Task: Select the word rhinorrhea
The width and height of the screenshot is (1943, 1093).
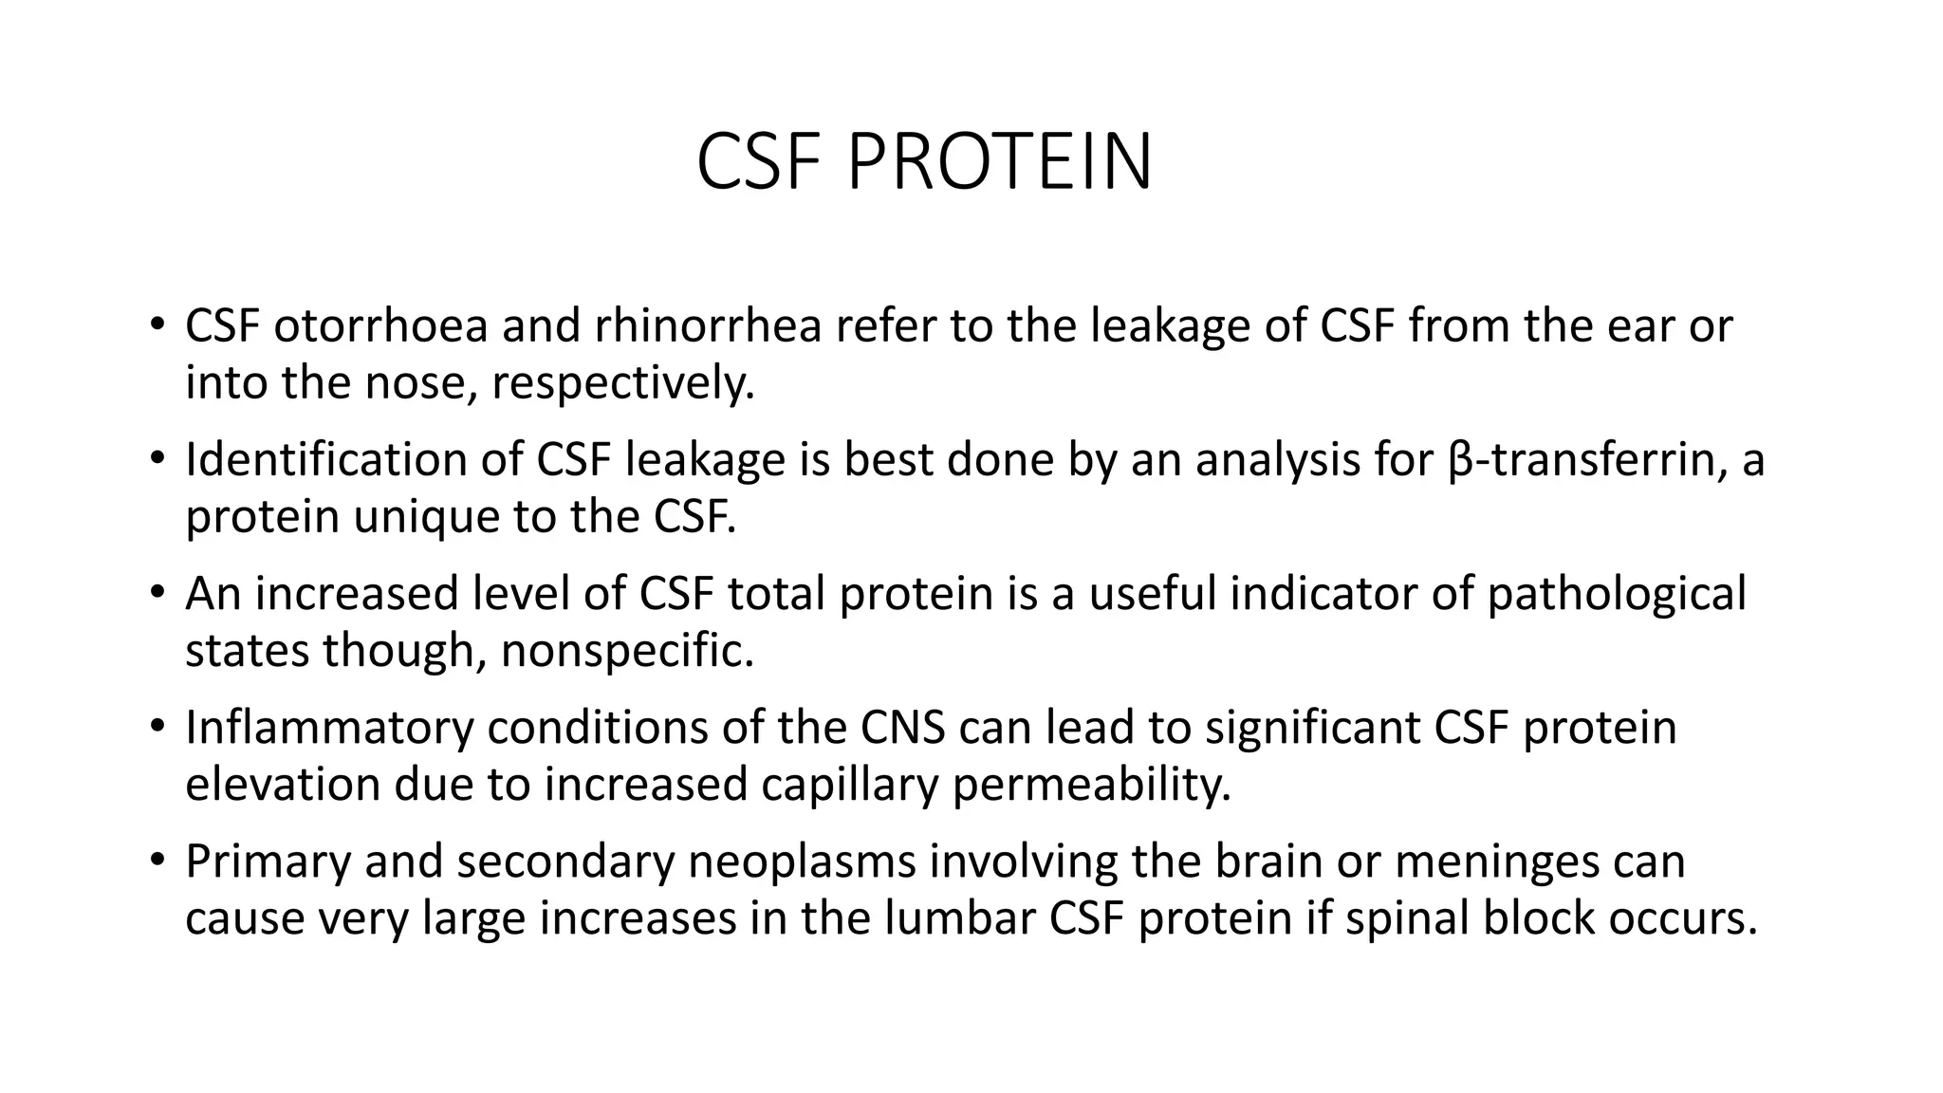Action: (708, 326)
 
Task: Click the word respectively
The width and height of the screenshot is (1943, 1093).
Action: (623, 383)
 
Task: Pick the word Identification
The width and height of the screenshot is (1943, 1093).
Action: (326, 460)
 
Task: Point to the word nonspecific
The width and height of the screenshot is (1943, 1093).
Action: (627, 651)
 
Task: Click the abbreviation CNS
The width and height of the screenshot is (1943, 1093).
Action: (903, 728)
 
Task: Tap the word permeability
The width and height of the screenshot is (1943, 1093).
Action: (1091, 785)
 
